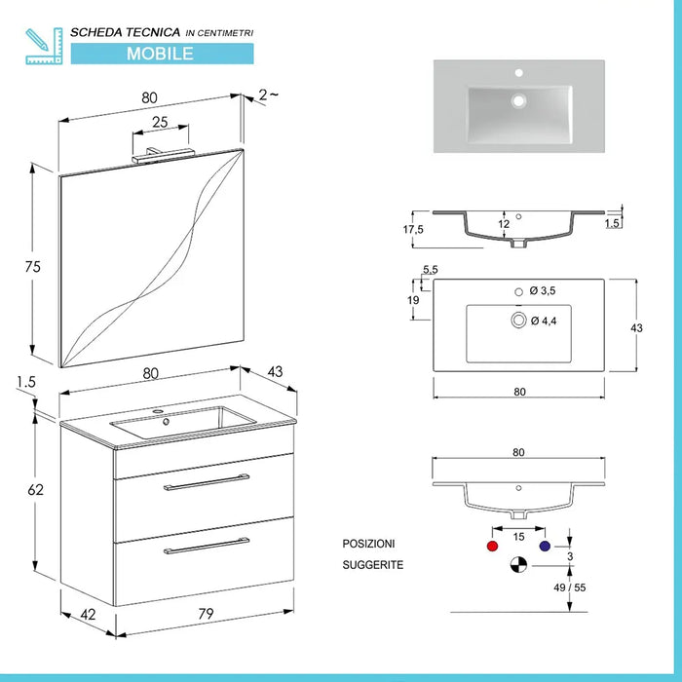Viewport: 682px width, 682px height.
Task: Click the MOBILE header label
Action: tap(159, 53)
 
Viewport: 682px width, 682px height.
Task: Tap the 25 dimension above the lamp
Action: tap(159, 122)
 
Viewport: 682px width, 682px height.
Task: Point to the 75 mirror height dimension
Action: tap(33, 267)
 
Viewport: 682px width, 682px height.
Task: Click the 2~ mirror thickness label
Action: tap(268, 95)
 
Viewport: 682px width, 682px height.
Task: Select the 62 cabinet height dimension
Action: tap(35, 490)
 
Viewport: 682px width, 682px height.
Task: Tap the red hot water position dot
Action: tap(489, 547)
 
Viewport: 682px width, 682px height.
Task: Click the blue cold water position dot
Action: tap(544, 547)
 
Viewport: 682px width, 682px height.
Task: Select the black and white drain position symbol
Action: tap(517, 565)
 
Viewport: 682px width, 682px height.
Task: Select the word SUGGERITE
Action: tap(372, 565)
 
